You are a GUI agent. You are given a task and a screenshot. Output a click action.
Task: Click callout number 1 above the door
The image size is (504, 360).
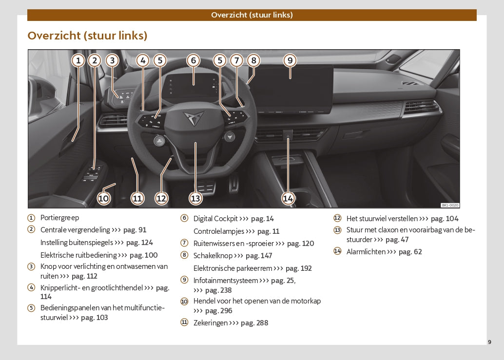(x=78, y=60)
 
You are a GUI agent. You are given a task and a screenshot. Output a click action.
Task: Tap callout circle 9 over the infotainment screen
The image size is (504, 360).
(x=290, y=60)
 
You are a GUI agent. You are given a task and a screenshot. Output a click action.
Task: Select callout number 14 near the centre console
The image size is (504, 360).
(x=288, y=198)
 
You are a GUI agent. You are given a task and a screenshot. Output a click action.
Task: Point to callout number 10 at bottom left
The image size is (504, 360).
(x=103, y=198)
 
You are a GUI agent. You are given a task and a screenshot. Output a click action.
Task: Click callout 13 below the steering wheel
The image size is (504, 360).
(x=195, y=198)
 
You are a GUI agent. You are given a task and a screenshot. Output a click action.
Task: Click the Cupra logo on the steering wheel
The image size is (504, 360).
(x=194, y=118)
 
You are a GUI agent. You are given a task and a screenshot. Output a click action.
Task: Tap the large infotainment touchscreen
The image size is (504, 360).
(x=294, y=89)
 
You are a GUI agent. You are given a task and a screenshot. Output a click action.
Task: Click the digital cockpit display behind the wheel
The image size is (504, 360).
(x=193, y=86)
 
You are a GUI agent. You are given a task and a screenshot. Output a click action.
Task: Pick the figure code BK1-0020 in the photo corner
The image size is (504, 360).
(x=450, y=205)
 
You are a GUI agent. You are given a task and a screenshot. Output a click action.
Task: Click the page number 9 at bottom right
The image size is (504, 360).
(x=489, y=342)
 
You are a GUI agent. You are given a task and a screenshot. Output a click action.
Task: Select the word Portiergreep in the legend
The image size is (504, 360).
(x=60, y=218)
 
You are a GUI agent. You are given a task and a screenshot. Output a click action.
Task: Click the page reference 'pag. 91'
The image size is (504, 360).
(x=135, y=230)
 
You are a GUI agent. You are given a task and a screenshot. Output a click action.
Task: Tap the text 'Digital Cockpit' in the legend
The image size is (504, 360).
(x=215, y=219)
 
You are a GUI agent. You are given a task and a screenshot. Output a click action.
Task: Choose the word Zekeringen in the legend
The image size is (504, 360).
(x=211, y=323)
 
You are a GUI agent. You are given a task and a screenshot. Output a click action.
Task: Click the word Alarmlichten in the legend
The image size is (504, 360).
(x=366, y=252)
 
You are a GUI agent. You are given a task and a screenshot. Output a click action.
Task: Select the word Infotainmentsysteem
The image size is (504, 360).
(x=226, y=281)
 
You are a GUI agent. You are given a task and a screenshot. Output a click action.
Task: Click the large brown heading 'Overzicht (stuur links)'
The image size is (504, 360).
(x=87, y=36)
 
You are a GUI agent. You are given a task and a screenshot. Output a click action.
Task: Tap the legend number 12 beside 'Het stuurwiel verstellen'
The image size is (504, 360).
(x=337, y=218)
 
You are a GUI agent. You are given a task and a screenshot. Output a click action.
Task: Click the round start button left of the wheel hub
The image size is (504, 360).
(x=159, y=141)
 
